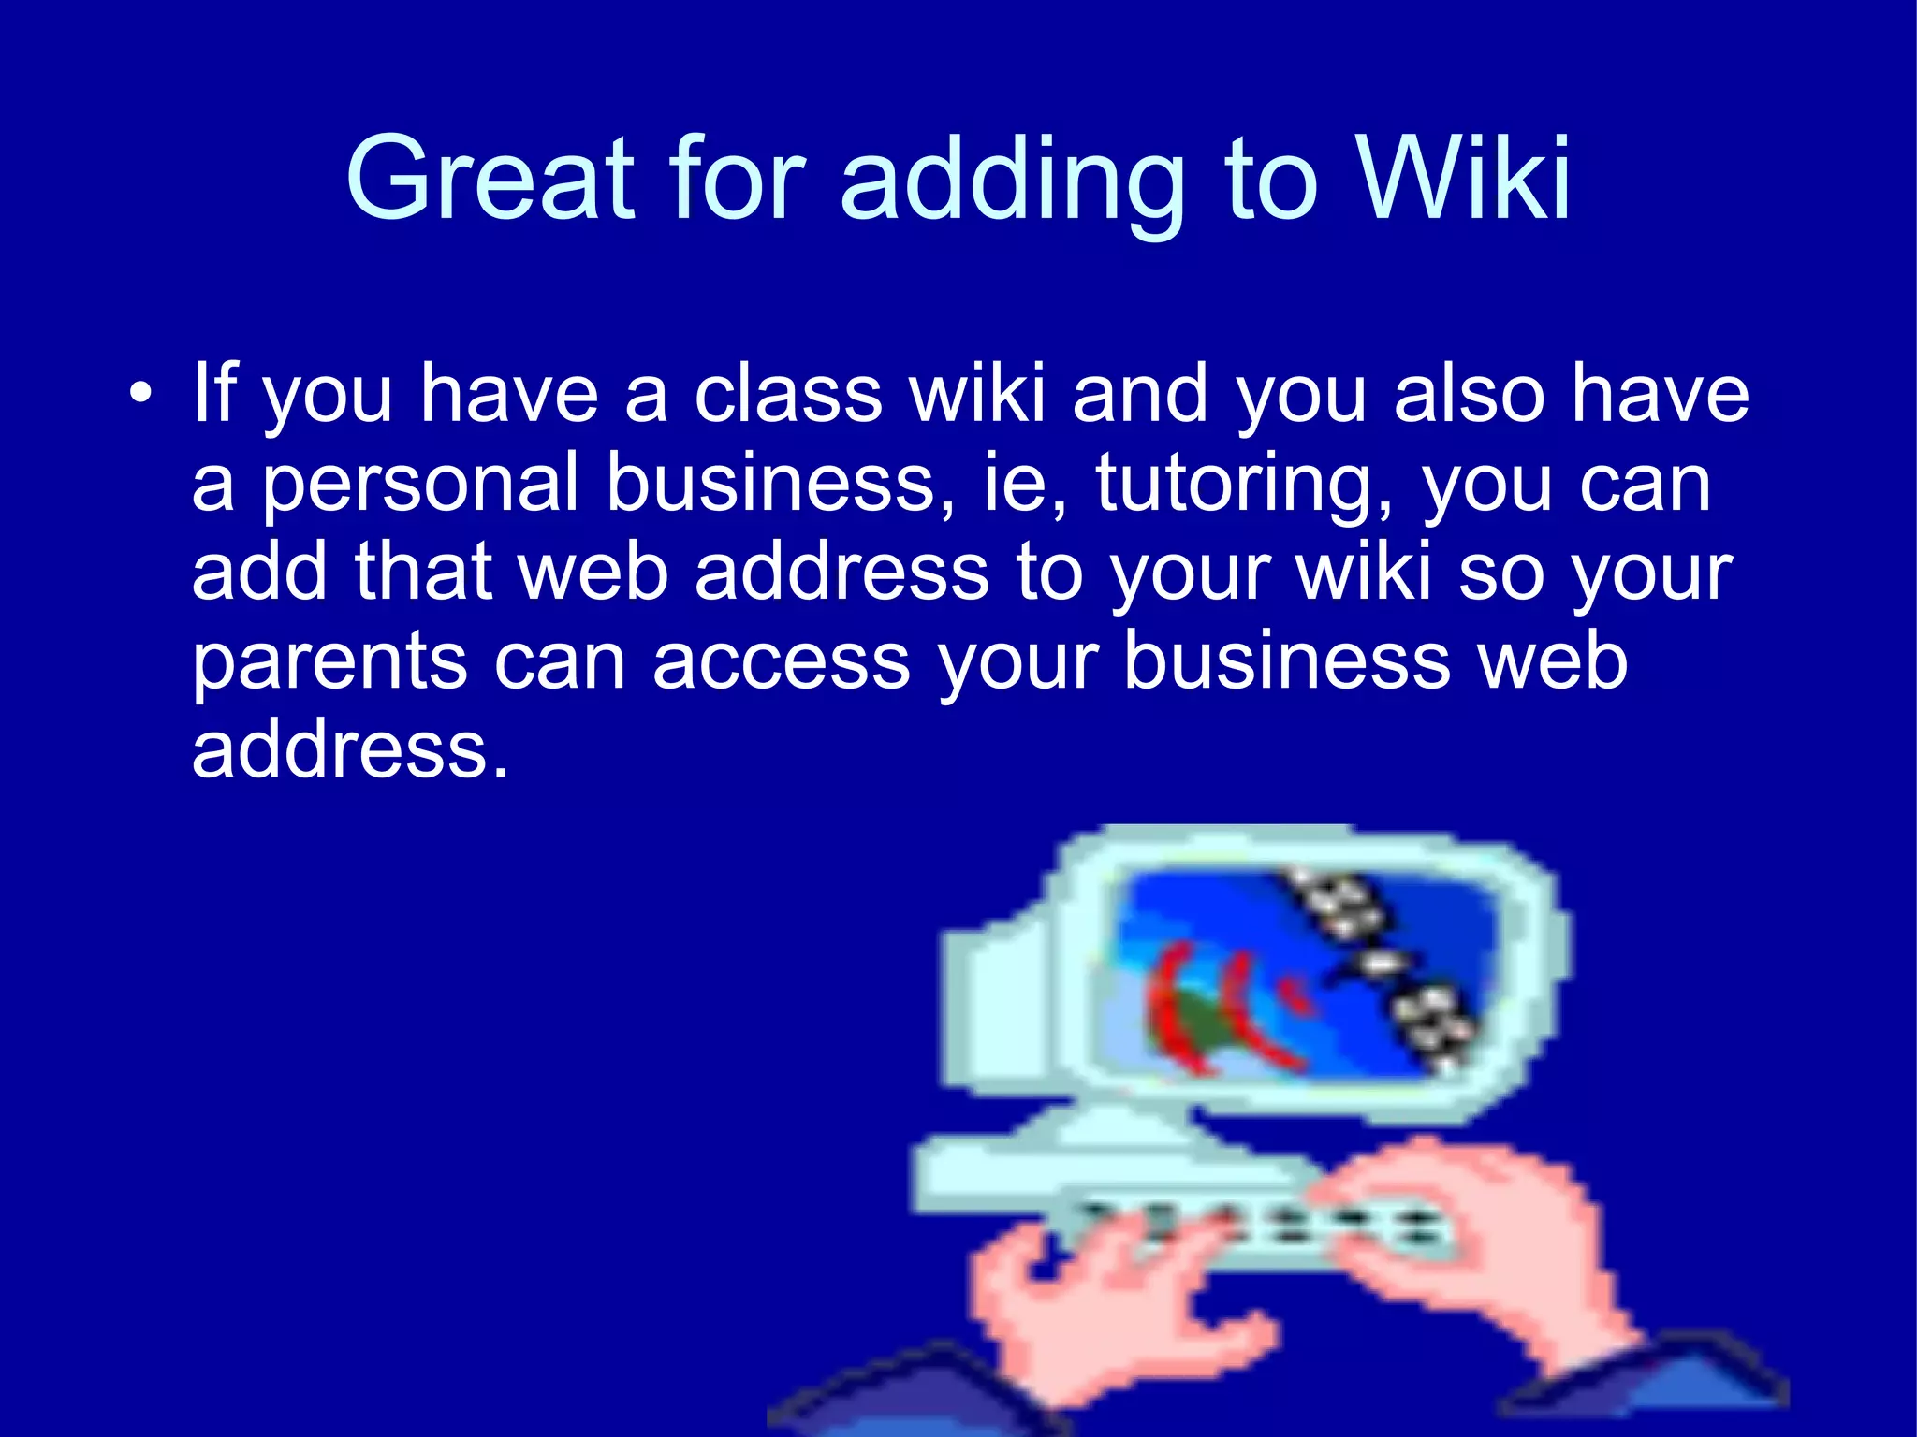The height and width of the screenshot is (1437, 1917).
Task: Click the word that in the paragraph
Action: click(x=423, y=572)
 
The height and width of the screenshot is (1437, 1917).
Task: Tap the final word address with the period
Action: click(x=350, y=750)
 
